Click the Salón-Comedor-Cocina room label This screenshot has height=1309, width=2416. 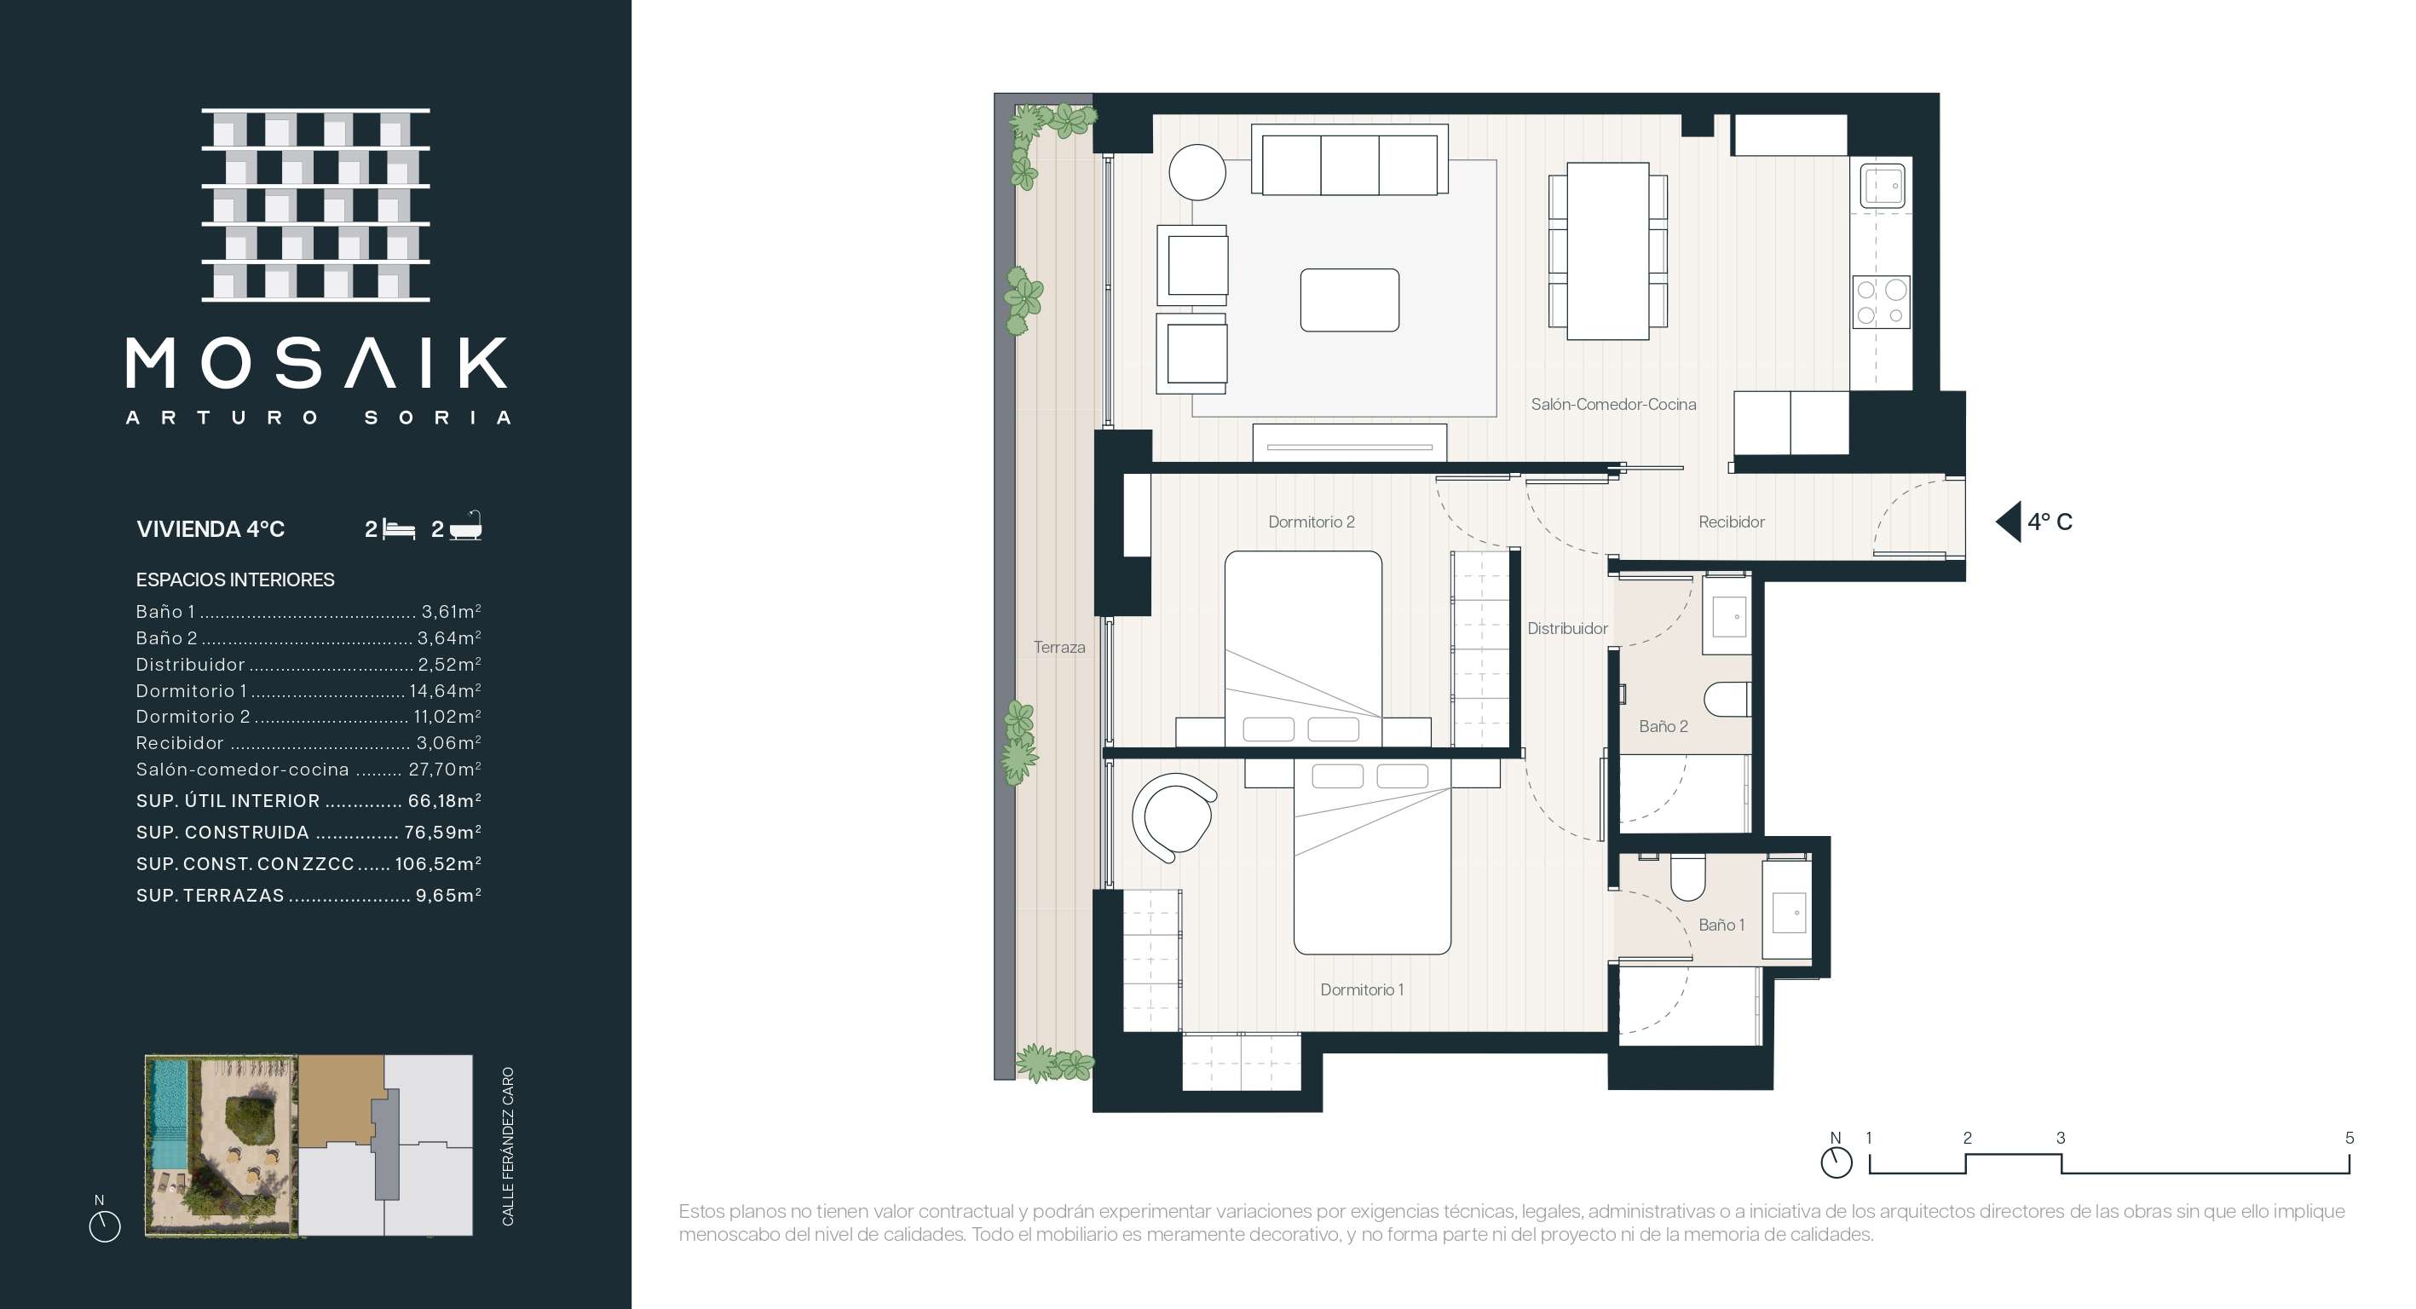point(1613,404)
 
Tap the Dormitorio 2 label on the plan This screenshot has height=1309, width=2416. point(1312,522)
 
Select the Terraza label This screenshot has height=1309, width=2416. point(1059,647)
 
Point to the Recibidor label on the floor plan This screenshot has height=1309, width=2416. point(1732,522)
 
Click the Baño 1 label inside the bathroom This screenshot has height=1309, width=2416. point(1722,925)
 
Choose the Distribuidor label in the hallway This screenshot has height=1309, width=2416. point(1567,628)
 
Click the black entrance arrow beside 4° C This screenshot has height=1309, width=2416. point(2008,522)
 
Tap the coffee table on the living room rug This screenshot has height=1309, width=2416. point(1350,300)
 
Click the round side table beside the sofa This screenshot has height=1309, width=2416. point(1196,172)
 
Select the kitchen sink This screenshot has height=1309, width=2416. point(1881,186)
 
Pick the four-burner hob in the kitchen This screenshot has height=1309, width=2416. point(1882,302)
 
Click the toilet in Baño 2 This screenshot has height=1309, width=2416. point(1727,700)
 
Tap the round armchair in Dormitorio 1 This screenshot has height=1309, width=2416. point(1173,816)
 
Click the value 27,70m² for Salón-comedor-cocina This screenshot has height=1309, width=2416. point(445,770)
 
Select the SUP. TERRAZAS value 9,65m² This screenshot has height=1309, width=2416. point(448,896)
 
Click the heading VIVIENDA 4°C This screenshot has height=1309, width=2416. point(210,529)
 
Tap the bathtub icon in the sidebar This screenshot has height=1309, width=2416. point(466,526)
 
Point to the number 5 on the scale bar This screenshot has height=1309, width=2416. point(2350,1138)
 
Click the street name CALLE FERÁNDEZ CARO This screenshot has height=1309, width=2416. point(508,1146)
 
